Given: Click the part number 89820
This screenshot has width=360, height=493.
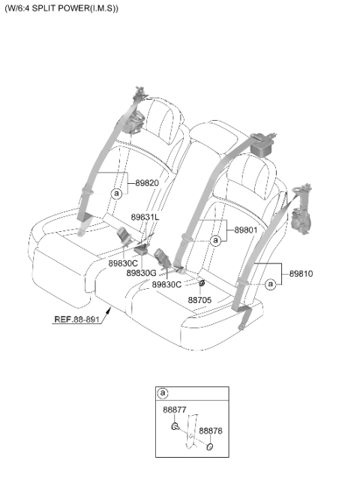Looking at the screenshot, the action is click(147, 183).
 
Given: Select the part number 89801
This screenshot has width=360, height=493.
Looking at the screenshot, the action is click(246, 230).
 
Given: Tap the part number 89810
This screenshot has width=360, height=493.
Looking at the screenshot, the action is click(301, 274).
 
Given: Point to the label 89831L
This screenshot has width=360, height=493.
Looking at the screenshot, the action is click(145, 218).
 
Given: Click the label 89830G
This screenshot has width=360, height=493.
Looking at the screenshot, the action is click(141, 273).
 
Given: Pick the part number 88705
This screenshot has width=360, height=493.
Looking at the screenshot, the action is click(199, 300).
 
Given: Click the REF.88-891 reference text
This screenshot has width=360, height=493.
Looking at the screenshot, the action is click(76, 320).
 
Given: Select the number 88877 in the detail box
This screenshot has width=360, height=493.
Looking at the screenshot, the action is click(175, 410).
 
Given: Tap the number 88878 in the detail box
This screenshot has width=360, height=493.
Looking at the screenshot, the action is click(211, 431).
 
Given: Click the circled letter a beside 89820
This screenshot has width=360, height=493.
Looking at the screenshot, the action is click(116, 194).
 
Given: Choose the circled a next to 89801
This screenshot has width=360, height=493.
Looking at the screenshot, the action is click(215, 241).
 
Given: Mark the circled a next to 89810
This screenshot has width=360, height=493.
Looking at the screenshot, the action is click(270, 284).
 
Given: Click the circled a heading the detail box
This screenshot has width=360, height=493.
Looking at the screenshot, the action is click(163, 393).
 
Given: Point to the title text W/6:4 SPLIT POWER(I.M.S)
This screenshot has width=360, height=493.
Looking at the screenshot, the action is click(62, 8).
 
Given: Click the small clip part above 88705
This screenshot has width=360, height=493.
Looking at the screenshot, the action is click(202, 283).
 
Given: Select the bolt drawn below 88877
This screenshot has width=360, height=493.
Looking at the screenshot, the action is click(175, 426).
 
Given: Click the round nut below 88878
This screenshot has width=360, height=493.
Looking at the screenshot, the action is click(209, 446).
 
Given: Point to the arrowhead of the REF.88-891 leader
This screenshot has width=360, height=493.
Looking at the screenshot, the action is click(109, 311).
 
